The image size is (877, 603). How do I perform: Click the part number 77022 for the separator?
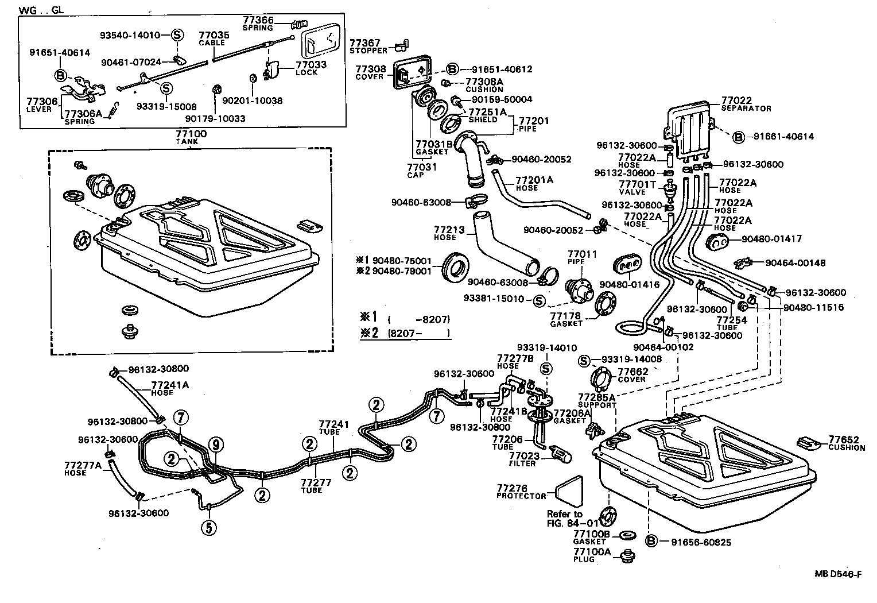click(x=736, y=100)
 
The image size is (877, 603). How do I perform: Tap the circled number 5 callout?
click(x=208, y=526)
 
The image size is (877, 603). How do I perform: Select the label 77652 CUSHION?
click(x=847, y=443)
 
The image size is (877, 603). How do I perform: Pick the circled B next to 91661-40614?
click(x=739, y=137)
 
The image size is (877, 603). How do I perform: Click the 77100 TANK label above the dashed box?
click(x=191, y=137)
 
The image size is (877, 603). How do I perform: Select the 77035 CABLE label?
click(x=214, y=38)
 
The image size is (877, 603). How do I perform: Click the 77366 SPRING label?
click(x=258, y=23)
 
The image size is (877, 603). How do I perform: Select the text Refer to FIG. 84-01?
click(x=565, y=518)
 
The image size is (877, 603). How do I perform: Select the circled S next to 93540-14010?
click(x=177, y=35)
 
